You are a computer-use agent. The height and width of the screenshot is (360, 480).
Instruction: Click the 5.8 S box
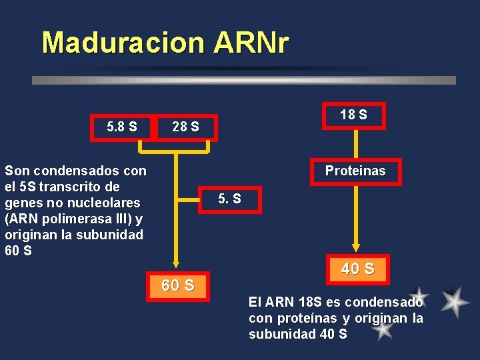pos(122,127)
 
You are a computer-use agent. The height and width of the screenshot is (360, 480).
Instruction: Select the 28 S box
pos(185,127)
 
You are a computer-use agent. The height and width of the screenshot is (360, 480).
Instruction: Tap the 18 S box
pos(353,115)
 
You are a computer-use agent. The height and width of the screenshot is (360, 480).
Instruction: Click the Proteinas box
pos(355,171)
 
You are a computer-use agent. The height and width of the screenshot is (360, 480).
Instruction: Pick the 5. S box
pos(230,199)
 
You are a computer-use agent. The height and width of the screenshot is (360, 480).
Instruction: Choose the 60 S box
pos(178,286)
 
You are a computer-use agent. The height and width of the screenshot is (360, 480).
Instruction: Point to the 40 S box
pos(358,269)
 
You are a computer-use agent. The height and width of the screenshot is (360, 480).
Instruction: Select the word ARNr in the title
pos(251,43)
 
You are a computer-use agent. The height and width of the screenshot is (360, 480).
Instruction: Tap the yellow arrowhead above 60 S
pos(177,262)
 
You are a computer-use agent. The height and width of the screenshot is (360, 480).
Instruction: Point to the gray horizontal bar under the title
pos(244,80)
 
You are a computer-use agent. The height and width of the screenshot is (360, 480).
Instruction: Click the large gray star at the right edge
pos(455,302)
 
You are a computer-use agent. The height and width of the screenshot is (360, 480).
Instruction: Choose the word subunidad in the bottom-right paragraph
pos(281,334)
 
